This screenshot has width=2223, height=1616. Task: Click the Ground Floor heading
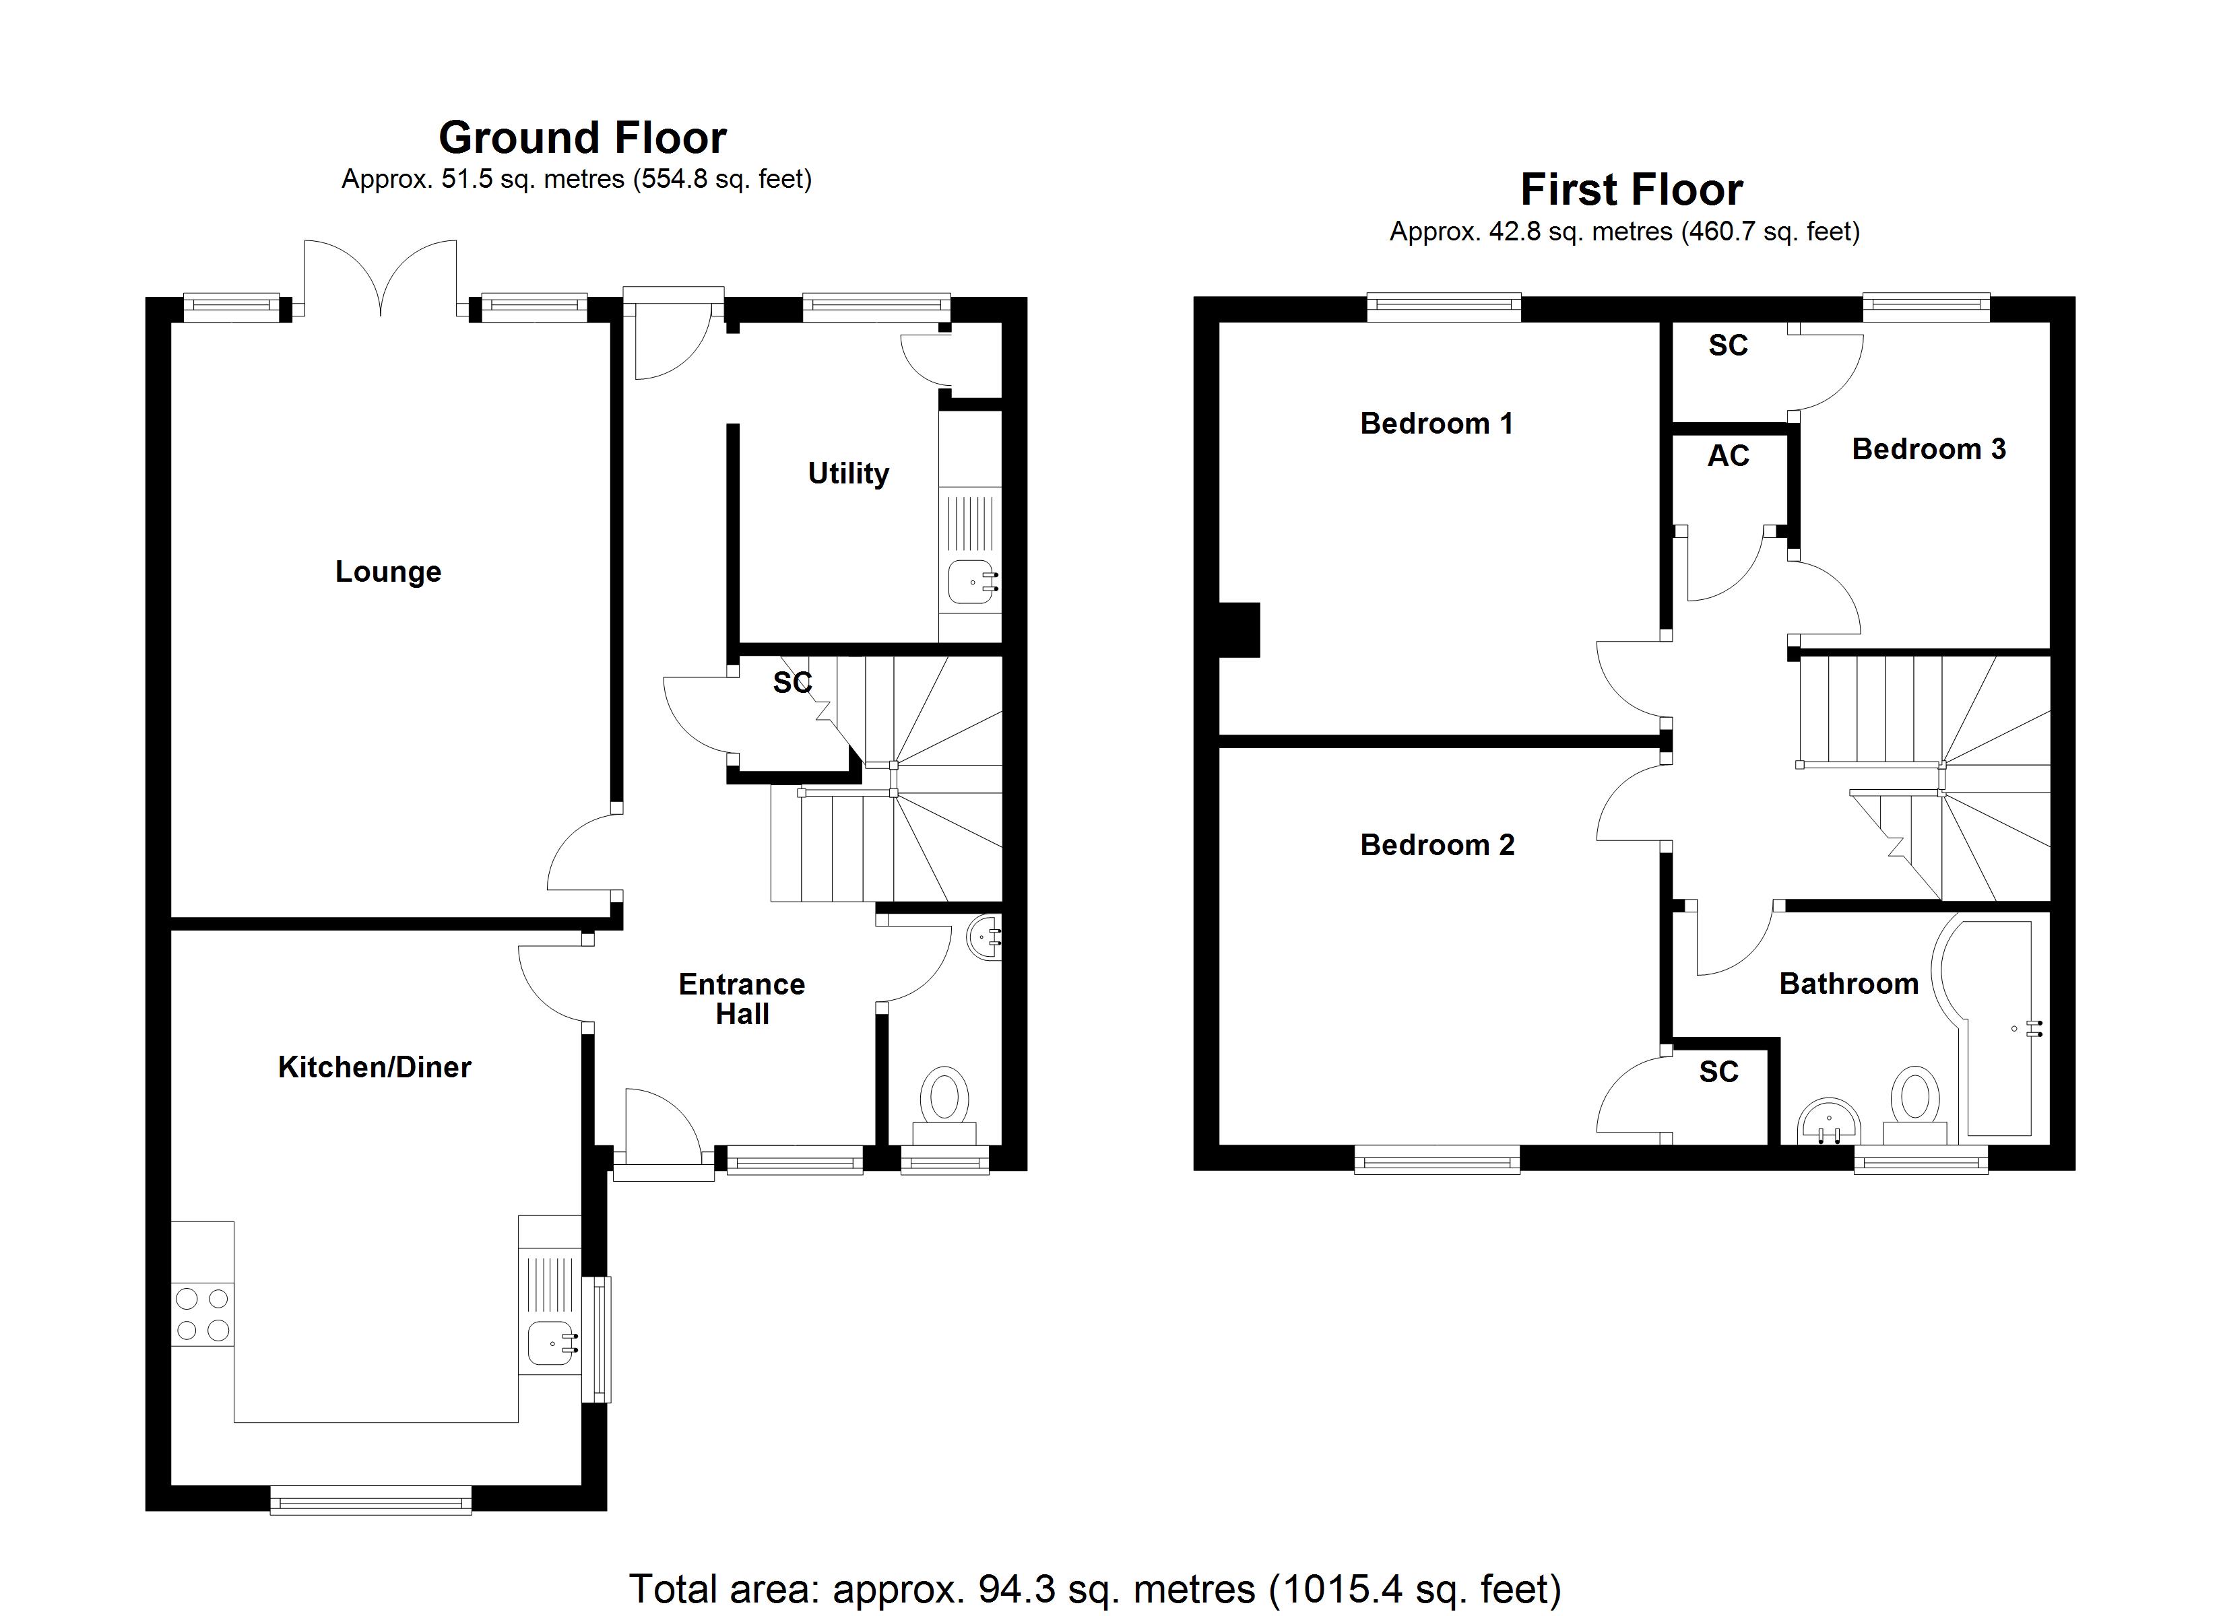(582, 138)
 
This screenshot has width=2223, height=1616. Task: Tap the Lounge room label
(388, 572)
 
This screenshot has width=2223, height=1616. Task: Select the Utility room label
(848, 473)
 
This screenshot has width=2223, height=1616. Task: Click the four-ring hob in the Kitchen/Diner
(203, 1314)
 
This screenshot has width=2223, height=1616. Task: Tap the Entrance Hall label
(742, 999)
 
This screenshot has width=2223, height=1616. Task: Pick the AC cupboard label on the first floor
(1728, 456)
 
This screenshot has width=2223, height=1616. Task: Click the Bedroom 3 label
(1928, 449)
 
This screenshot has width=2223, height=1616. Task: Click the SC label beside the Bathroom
(1718, 1071)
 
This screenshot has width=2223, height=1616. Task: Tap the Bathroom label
(1848, 983)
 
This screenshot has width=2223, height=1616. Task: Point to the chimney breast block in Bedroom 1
(1239, 629)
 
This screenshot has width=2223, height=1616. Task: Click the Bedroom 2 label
(1437, 845)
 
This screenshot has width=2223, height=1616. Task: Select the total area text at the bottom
(1094, 1588)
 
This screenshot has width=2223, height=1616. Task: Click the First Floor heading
(1631, 190)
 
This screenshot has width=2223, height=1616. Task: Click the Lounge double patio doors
(381, 279)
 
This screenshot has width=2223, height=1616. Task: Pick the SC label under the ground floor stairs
(792, 682)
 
